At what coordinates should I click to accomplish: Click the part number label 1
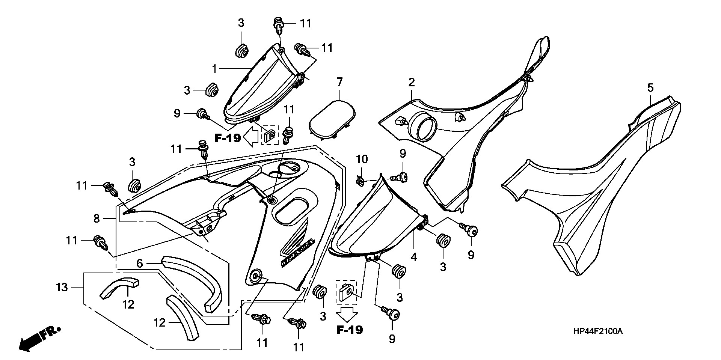click(214, 69)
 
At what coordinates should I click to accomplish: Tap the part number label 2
click(412, 82)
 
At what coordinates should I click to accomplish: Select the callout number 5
click(650, 88)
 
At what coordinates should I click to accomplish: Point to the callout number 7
click(339, 81)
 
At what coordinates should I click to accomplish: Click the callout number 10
click(362, 159)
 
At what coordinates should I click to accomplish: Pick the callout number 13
click(62, 288)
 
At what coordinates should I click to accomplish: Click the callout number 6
click(140, 264)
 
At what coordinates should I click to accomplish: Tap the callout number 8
click(97, 218)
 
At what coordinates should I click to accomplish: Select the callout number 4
click(413, 257)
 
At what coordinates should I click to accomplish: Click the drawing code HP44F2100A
click(598, 331)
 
